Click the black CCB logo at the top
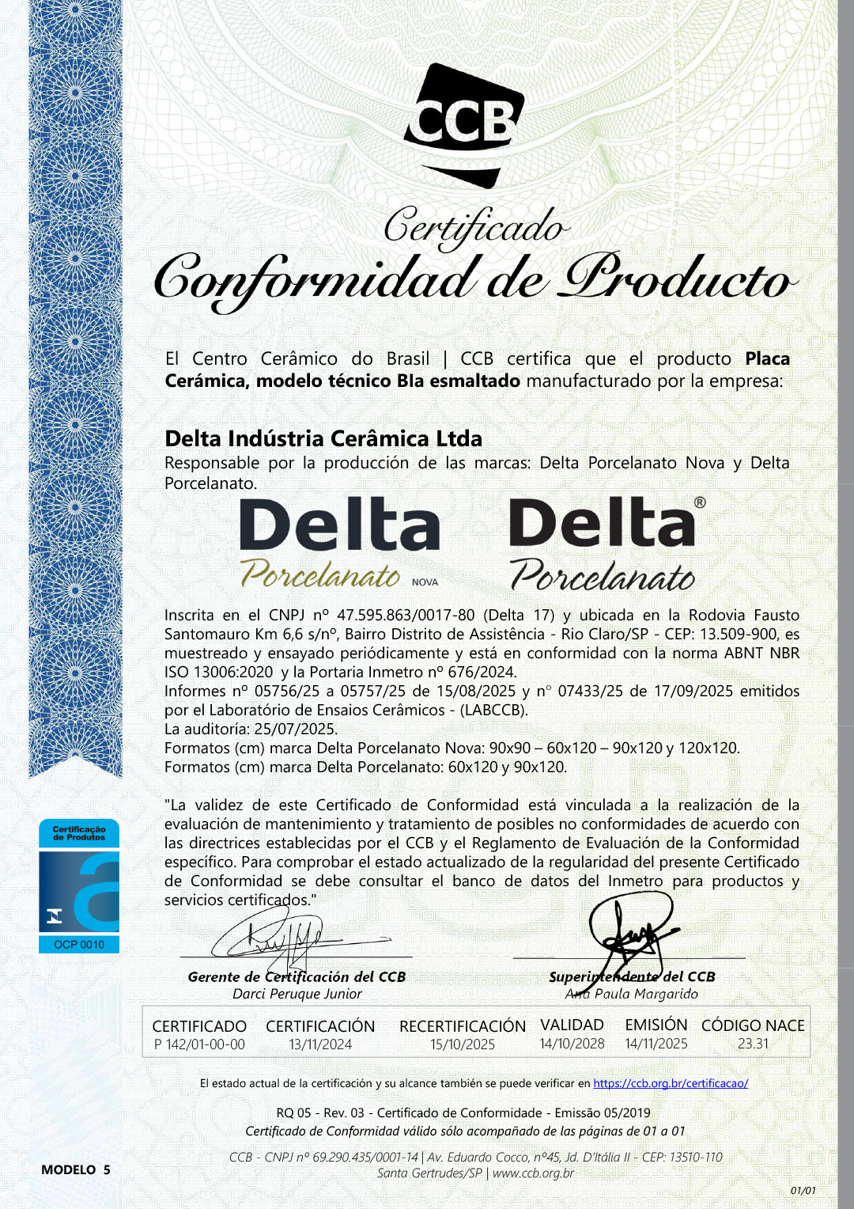pos(463,125)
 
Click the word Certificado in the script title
pos(475,227)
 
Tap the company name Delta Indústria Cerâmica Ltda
pos(323,438)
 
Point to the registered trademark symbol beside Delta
pos(700,502)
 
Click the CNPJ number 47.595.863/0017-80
pos(406,615)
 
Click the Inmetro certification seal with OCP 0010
pos(79,885)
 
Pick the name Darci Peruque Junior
pos(297,994)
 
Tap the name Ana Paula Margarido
pos(632,994)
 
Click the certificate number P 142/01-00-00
pos(199,1044)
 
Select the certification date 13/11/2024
pos(320,1044)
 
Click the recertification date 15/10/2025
pos(463,1044)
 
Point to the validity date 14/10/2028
pos(572,1044)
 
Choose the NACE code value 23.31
pos(753,1044)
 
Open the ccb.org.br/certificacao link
pos(671,1083)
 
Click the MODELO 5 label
pos(76,1169)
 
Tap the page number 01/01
pos(803,1190)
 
